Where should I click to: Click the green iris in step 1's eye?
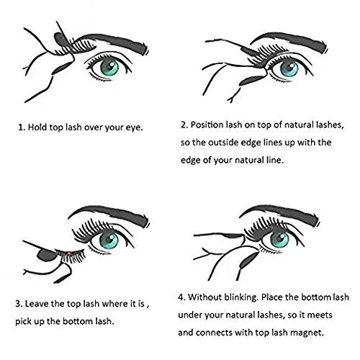(109, 67)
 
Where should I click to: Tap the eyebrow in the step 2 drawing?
(290, 41)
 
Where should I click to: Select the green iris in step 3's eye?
(109, 240)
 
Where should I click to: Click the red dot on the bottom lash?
(69, 253)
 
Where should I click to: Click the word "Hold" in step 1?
(38, 127)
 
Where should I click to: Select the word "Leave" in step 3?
(37, 304)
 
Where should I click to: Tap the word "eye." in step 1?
(135, 127)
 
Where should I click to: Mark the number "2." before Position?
(184, 125)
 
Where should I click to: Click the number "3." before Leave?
(19, 304)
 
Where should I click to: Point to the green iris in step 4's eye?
(279, 240)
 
